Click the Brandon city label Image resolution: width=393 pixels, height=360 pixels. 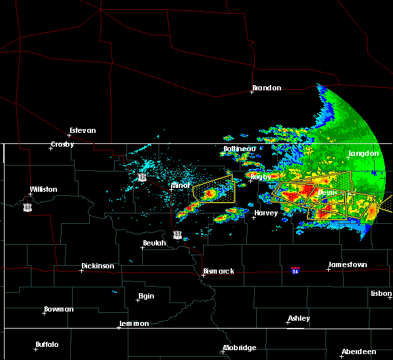(x=267, y=88)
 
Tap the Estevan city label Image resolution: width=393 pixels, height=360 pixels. (x=83, y=130)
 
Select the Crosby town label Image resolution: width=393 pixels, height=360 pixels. (x=63, y=144)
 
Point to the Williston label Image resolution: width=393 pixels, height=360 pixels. (x=43, y=190)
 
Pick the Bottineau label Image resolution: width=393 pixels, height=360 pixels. (x=239, y=149)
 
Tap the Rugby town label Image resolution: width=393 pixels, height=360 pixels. (x=260, y=177)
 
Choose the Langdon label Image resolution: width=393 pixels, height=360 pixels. (x=364, y=153)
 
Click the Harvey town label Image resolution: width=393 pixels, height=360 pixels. (x=266, y=213)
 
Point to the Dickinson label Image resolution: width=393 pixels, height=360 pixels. (x=98, y=266)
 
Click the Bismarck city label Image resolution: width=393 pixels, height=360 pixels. (x=218, y=271)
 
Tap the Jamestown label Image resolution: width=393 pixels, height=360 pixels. (x=347, y=264)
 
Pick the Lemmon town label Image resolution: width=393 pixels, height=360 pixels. (x=135, y=323)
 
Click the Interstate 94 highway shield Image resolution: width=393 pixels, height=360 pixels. (x=295, y=270)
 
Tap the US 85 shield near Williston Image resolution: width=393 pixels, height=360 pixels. (x=27, y=207)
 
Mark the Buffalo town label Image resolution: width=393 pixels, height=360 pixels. (x=47, y=344)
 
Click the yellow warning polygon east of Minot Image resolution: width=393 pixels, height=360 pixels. (x=214, y=189)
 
